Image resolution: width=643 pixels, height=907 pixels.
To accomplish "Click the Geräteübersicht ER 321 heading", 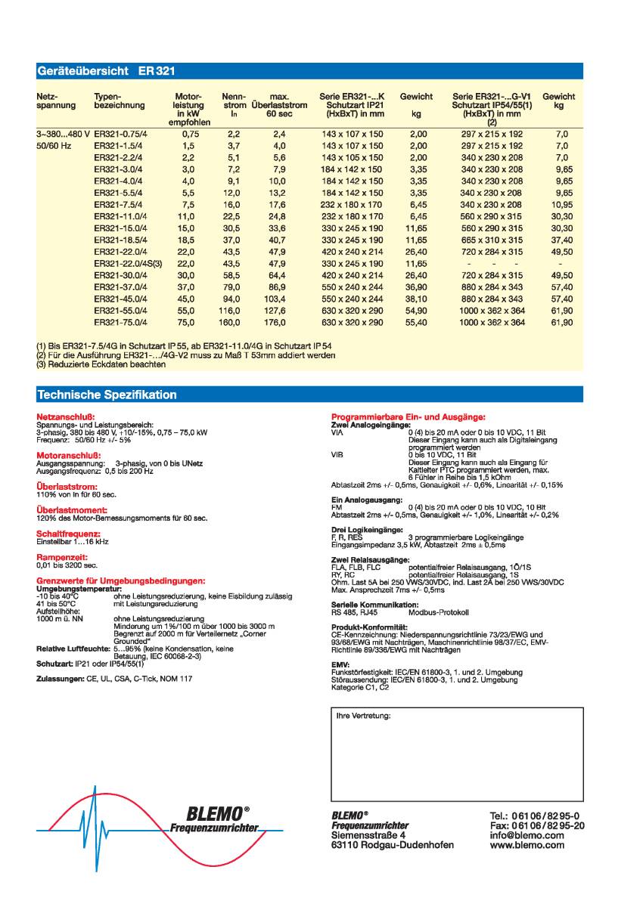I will (106, 72).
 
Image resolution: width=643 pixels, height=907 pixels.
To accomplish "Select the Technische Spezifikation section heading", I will (107, 395).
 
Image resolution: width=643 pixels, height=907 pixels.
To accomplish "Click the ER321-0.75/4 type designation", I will (120, 133).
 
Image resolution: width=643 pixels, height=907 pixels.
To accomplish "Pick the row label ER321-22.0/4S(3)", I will (128, 264).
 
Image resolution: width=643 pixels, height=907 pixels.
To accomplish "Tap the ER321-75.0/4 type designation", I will (122, 323).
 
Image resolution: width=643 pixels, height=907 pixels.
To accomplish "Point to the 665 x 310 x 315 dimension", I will (492, 239).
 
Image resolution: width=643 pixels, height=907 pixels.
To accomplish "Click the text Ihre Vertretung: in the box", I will (364, 715).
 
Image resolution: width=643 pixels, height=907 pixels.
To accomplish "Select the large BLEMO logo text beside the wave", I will (217, 813).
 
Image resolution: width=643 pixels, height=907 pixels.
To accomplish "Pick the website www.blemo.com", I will (527, 846).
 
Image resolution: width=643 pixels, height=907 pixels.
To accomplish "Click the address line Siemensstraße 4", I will (368, 836).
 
